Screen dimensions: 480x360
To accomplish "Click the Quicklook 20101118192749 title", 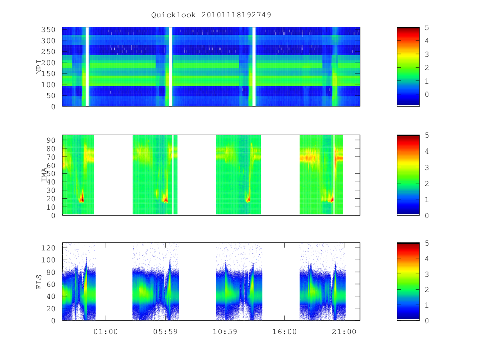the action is (x=211, y=15).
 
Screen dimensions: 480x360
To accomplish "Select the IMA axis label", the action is (x=44, y=174).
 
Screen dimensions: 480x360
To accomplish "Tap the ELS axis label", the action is (x=39, y=282).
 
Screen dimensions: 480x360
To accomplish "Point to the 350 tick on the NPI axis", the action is (x=48, y=30).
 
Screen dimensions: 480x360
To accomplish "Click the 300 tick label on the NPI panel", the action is (x=48, y=41).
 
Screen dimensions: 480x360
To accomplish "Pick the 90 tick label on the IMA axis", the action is (x=51, y=140).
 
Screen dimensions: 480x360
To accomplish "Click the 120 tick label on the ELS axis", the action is (x=48, y=248).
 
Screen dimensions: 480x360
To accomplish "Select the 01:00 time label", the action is (x=106, y=332).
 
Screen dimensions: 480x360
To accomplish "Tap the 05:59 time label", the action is (x=165, y=332).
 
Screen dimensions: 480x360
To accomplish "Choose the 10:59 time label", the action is (x=225, y=332).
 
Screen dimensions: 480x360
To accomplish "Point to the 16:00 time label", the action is (x=284, y=332).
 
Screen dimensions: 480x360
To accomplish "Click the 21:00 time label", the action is (x=344, y=332).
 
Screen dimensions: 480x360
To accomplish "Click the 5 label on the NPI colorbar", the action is (x=427, y=28).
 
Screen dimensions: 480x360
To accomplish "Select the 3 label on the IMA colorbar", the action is (x=427, y=168).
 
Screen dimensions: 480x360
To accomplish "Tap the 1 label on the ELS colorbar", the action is (x=427, y=305).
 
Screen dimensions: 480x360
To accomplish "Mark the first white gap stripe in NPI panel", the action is (x=87, y=67).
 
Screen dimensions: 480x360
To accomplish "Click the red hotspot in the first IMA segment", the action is (x=82, y=198).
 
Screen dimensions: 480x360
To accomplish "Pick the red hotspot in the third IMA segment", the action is (x=248, y=199).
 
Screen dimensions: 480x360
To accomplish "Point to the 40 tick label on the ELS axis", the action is (x=51, y=296).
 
